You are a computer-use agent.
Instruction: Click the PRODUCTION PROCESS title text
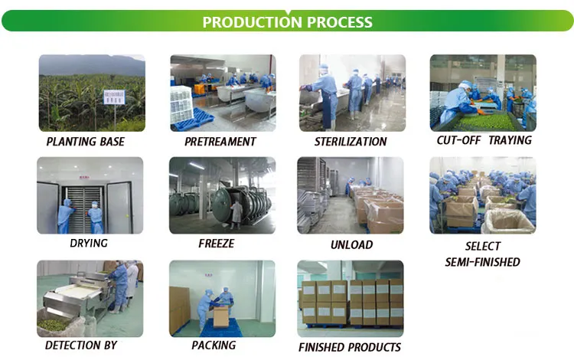click(287, 21)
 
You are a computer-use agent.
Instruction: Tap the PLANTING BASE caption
click(85, 142)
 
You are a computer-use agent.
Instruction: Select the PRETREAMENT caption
click(221, 142)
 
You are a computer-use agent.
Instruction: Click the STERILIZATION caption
click(351, 142)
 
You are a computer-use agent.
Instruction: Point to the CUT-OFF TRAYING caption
click(483, 141)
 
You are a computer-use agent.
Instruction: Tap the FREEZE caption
click(216, 244)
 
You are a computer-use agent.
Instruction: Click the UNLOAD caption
click(351, 245)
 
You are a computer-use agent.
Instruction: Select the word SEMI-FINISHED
click(482, 262)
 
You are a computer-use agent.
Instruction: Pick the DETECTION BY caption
click(80, 345)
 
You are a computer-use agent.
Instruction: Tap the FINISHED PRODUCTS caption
click(349, 347)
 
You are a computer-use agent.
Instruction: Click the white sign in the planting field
click(113, 98)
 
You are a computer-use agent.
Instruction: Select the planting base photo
click(91, 93)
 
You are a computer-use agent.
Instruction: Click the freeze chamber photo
click(222, 195)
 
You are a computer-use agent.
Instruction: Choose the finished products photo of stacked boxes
click(350, 299)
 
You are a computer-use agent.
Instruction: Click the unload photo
click(350, 195)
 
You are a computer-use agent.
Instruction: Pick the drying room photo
click(90, 195)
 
